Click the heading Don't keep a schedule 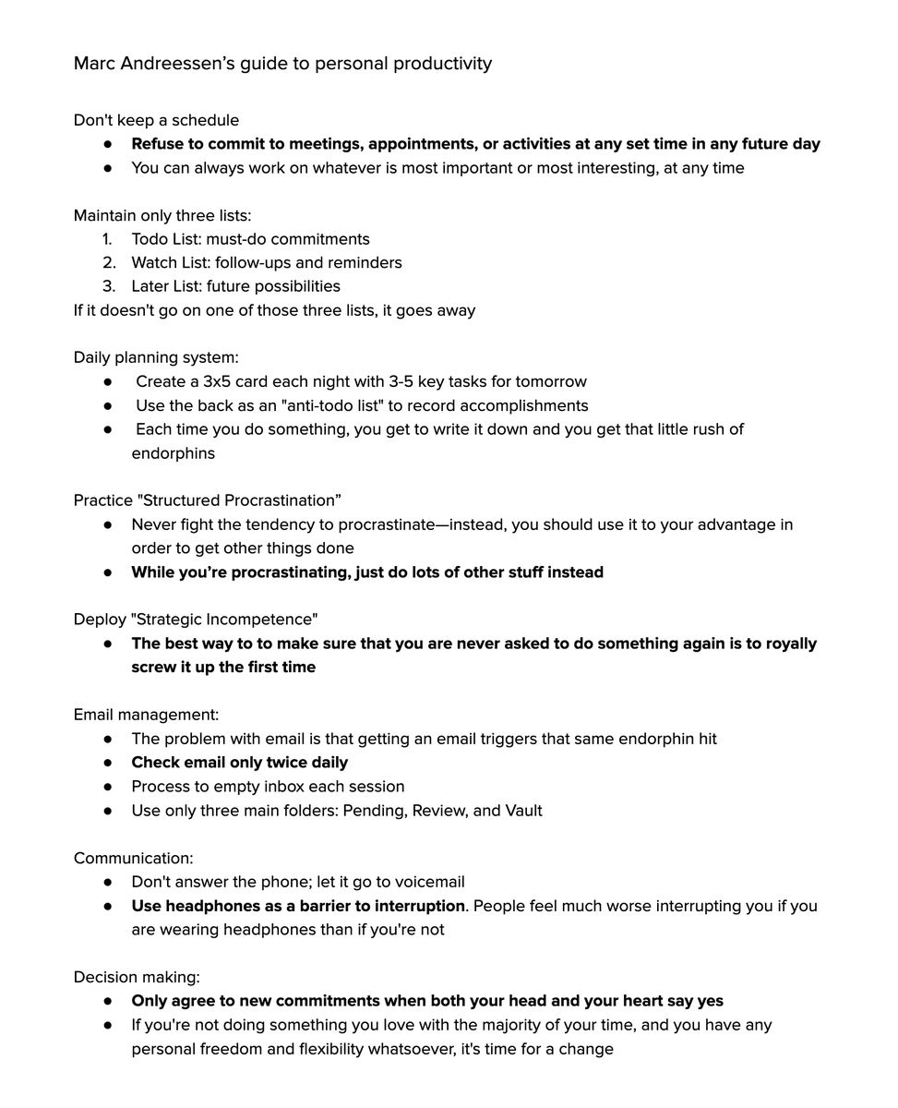[x=156, y=120]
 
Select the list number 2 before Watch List [x=108, y=262]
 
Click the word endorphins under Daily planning [x=173, y=453]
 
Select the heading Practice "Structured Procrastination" [x=208, y=500]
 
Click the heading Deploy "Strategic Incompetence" [x=196, y=620]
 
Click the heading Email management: [x=146, y=715]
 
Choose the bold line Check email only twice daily [x=239, y=763]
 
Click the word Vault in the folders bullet [x=523, y=811]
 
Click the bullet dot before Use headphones [x=109, y=906]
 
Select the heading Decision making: [x=137, y=977]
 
